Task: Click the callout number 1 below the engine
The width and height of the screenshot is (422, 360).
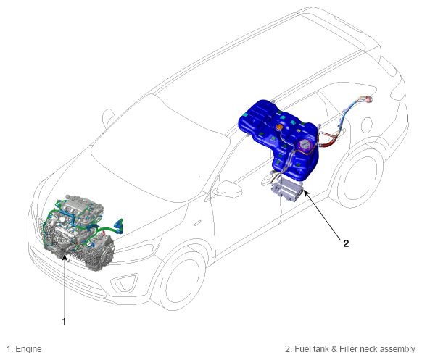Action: (64, 322)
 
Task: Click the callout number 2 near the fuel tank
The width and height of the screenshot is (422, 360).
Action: (346, 243)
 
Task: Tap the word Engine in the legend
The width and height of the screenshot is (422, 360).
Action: (28, 349)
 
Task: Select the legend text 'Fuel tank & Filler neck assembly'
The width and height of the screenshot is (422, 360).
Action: (355, 349)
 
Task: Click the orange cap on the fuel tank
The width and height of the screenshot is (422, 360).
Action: (280, 127)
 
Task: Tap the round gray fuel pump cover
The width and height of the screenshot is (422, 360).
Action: (305, 145)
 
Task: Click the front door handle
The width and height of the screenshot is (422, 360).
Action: (197, 223)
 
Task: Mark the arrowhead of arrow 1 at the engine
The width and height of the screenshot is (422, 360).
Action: (64, 258)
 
